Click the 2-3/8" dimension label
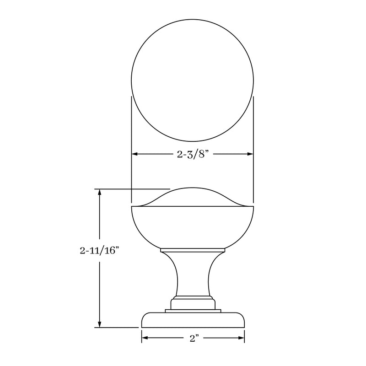click(x=193, y=155)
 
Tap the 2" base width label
click(x=193, y=339)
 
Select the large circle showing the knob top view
click(x=192, y=80)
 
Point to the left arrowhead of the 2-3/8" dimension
click(x=135, y=155)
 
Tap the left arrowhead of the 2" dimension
click(x=145, y=339)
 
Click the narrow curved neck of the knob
click(x=193, y=274)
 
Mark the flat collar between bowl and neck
click(x=193, y=251)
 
